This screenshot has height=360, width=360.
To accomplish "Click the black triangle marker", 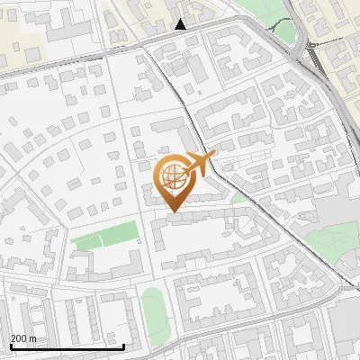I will tap(181, 24).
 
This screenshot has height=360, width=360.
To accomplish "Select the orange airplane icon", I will tap(201, 163).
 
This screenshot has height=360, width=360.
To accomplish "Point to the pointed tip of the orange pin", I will tap(173, 211).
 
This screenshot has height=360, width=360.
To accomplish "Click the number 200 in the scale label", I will tap(19, 338).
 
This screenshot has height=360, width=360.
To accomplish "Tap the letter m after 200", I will tap(33, 338).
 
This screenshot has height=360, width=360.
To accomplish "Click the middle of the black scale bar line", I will tap(67, 346).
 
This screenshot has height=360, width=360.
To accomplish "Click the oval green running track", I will tap(154, 310).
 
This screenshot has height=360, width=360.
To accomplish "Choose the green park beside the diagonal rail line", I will tap(328, 236).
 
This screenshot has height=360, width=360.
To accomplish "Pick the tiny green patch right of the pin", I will tap(237, 197).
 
